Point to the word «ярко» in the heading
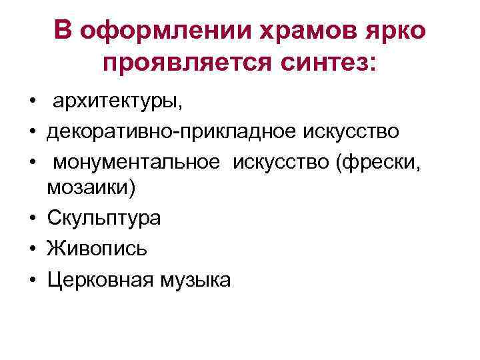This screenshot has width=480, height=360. click(394, 31)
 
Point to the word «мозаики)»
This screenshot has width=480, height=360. click(91, 188)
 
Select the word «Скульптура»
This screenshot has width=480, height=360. click(103, 218)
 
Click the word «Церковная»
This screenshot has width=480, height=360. click(100, 279)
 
